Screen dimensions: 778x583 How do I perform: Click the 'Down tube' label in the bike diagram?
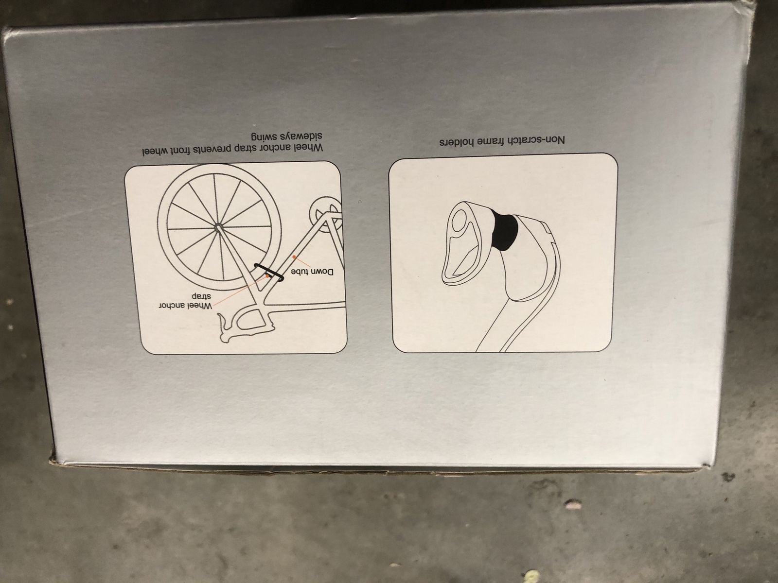(313, 273)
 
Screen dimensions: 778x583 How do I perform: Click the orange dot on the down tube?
(294, 257)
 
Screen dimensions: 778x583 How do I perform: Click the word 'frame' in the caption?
(492, 141)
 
